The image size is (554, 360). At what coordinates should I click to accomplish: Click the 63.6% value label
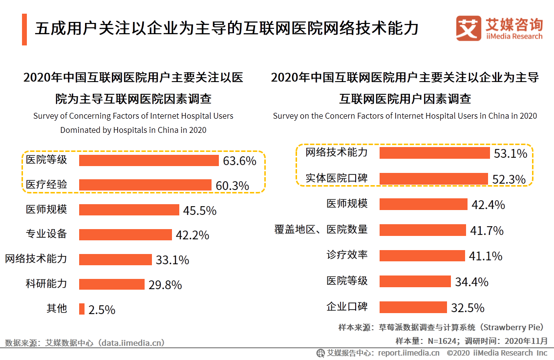239,161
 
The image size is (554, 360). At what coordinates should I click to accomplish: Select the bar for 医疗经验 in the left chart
145,185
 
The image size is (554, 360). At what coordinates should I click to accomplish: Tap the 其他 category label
57,309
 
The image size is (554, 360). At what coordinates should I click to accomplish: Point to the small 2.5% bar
82,309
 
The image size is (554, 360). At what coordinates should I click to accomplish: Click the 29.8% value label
165,285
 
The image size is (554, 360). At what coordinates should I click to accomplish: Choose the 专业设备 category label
46,234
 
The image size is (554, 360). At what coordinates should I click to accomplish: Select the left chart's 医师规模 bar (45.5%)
129,210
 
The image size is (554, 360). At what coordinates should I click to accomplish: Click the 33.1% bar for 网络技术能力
115,259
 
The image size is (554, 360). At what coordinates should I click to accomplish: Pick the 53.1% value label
510,154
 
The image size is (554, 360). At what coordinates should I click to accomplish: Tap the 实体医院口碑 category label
337,178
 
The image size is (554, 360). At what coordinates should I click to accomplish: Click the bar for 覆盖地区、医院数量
423,230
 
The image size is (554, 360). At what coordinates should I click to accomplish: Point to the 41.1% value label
486,256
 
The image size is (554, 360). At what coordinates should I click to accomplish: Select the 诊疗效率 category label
347,255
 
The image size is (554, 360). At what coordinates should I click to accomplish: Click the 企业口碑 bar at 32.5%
413,307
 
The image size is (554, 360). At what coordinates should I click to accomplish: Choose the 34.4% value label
471,282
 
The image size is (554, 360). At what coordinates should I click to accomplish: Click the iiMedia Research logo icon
469,28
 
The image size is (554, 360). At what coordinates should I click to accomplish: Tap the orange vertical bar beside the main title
24,29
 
